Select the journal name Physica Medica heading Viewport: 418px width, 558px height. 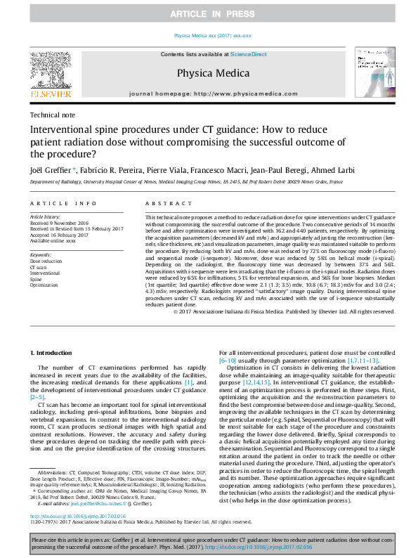(208, 72)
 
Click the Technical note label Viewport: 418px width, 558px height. (54, 115)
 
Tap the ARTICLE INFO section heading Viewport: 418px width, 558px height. (63, 203)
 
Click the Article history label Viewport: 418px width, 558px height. (45, 218)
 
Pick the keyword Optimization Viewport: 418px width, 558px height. (44, 285)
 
